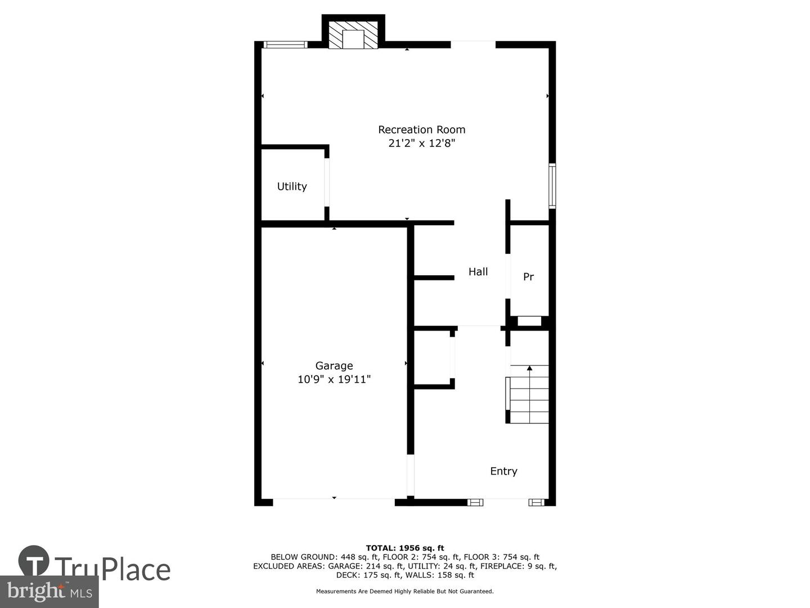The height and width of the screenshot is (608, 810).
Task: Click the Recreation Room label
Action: [x=421, y=129]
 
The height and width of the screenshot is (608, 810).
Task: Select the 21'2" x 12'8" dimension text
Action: [x=421, y=143]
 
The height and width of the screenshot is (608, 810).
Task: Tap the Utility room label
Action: [x=292, y=186]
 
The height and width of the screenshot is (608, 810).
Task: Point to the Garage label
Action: [x=334, y=366]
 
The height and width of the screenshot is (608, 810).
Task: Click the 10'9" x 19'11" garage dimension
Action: [x=334, y=379]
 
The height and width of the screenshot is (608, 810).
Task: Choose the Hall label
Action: [x=478, y=272]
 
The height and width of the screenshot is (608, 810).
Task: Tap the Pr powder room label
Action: [x=528, y=276]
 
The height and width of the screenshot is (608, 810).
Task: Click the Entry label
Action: [x=503, y=471]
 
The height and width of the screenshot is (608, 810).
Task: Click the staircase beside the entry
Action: [x=527, y=394]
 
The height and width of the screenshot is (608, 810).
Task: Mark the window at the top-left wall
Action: [x=285, y=44]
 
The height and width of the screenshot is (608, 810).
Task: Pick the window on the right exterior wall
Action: [x=552, y=186]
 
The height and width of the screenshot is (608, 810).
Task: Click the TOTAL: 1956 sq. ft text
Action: [x=405, y=548]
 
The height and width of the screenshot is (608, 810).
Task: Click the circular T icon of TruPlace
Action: [x=34, y=560]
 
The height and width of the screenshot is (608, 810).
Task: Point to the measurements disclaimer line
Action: [x=405, y=591]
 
